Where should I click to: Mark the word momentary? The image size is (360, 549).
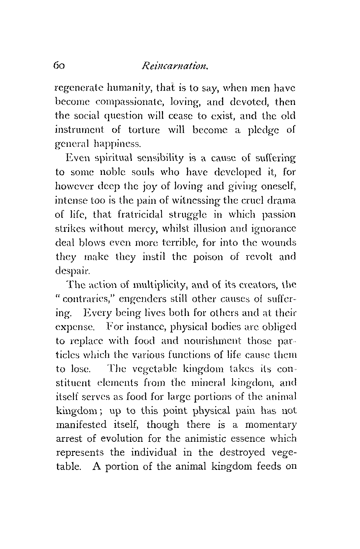click(270, 424)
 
